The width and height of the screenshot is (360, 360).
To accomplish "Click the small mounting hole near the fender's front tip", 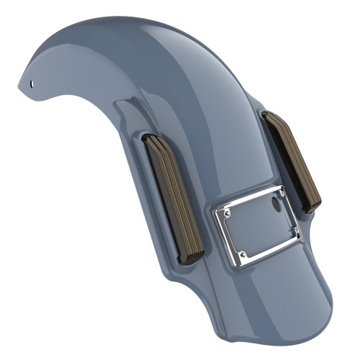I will pyautogui.click(x=32, y=83).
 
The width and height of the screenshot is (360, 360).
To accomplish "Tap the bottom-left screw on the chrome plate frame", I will pyautogui.click(x=243, y=254).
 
